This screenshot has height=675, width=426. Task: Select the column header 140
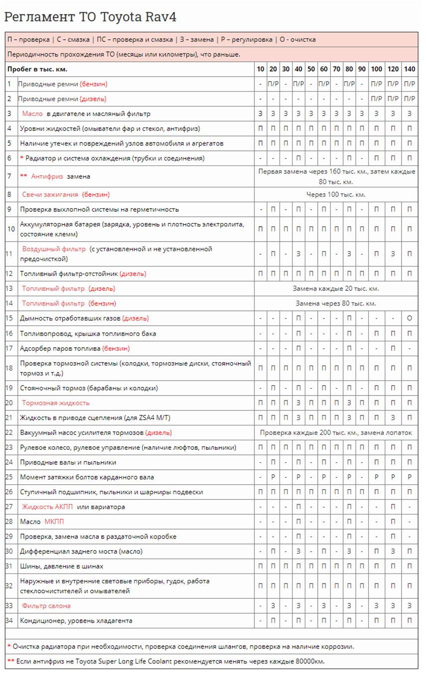pos(409,69)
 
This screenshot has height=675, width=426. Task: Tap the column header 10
pos(260,69)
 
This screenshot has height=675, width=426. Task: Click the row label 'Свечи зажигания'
pos(50,194)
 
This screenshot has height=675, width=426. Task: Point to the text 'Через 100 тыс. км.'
pos(336,194)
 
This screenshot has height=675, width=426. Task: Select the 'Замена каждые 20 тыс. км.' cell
pos(336,288)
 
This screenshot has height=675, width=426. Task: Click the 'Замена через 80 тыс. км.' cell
pos(336,303)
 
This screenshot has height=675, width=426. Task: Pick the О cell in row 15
pos(409,318)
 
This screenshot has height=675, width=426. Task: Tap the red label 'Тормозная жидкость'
pos(55,403)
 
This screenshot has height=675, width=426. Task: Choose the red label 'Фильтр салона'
pos(46,606)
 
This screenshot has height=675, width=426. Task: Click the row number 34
pos(9,621)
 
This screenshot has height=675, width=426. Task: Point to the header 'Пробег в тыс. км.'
pos(37,69)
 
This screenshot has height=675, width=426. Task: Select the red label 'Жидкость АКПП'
pos(48,507)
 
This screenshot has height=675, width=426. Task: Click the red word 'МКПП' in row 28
pos(54,522)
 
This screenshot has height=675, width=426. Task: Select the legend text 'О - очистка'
pos(296,39)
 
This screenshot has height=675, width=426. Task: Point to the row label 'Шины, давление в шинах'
pos(61,566)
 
